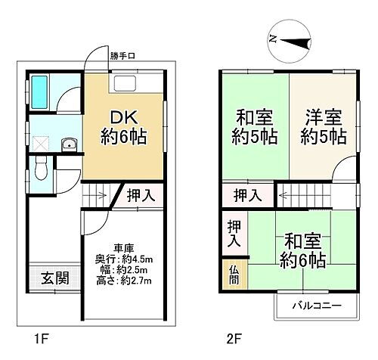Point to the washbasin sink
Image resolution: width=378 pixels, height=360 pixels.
coord(68,144)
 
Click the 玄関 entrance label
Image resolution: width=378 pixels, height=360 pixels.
coord(56,278)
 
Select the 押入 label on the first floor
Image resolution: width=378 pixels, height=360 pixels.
coord(140,195)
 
